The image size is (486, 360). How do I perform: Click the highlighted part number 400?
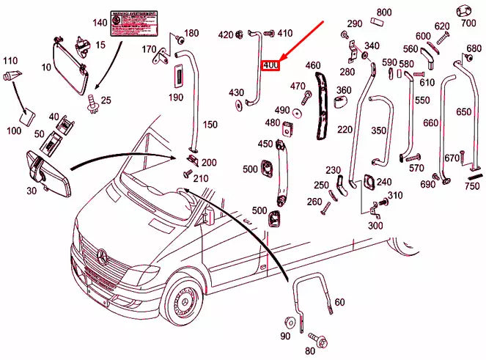tap(270, 65)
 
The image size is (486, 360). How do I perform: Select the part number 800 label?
tap(384, 12)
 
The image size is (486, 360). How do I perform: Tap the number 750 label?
tap(472, 186)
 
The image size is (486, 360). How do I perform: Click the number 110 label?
tap(10, 60)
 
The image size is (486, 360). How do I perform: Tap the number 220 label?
tap(345, 130)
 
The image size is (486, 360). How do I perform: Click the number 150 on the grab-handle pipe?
tap(210, 125)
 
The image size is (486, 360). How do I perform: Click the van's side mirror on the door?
tap(209, 215)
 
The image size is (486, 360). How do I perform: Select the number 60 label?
tap(339, 302)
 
